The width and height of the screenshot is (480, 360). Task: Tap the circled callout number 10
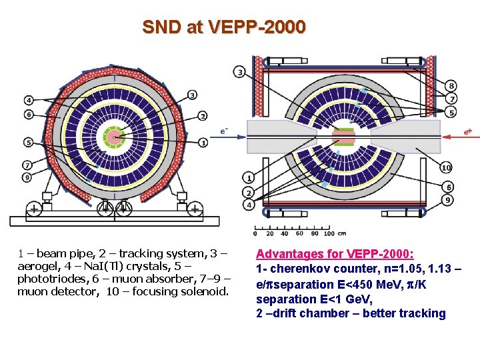point(446,167)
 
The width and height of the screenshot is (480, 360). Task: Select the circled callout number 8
point(451,85)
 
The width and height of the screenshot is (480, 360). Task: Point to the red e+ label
point(469,131)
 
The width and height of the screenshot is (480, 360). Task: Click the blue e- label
point(225,131)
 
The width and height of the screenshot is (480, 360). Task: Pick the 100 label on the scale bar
point(329,233)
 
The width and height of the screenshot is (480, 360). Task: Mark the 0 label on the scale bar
point(255,233)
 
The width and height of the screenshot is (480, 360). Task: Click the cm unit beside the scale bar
point(342,233)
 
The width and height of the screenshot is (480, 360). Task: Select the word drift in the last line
point(287,313)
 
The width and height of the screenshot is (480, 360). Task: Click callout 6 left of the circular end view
point(29,115)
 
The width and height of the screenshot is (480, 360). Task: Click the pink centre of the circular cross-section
point(115,139)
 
